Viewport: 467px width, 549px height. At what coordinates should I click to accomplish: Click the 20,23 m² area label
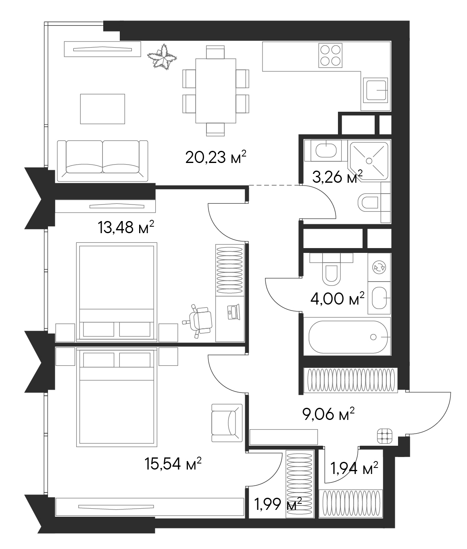[x=215, y=157]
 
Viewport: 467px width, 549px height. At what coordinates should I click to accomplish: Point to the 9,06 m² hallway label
[x=328, y=414]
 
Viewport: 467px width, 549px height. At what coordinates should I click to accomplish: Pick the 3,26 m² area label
[x=337, y=177]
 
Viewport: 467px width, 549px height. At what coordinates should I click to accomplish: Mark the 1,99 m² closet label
[x=277, y=504]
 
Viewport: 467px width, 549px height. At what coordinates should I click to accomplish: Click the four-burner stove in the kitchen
[x=330, y=56]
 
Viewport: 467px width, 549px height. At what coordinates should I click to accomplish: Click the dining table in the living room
[x=215, y=91]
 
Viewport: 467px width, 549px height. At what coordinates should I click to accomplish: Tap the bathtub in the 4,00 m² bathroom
[x=346, y=337]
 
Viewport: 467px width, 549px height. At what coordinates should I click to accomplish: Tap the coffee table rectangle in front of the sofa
[x=102, y=109]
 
